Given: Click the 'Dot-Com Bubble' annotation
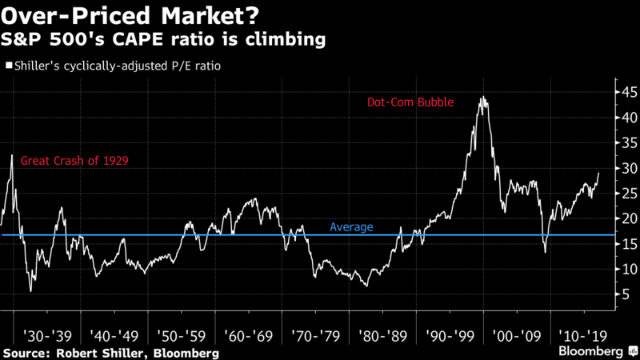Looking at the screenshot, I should point(410,102).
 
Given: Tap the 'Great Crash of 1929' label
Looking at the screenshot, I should point(74,161).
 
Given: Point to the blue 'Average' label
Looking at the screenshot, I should point(351,227).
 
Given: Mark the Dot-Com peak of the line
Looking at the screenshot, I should point(482,98).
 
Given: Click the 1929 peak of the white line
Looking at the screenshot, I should point(12,154).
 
